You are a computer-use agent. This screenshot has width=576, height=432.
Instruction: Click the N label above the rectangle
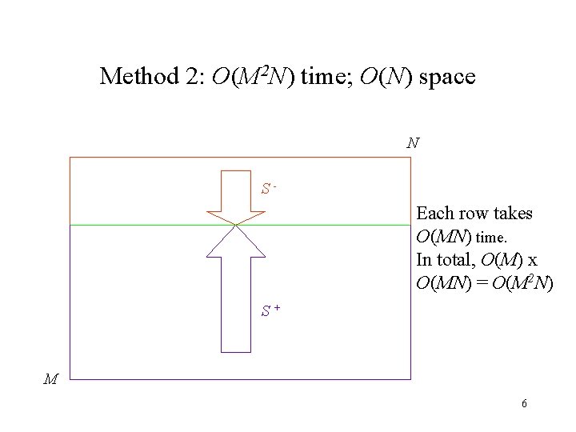pos(413,144)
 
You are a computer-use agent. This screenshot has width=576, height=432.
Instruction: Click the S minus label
pos(269,190)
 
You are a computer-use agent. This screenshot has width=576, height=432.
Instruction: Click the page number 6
pos(524,403)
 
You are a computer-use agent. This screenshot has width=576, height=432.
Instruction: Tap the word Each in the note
pos(433,214)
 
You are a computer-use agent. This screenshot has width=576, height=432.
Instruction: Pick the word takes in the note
pos(512,214)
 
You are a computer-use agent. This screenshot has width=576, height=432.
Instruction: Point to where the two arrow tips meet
pos(235,225)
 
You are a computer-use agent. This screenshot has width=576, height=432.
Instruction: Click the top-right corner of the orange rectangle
pos(410,158)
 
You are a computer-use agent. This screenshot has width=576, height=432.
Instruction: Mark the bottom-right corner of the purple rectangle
pos(410,378)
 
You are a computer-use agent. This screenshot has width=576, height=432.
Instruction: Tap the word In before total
pos(424,259)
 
